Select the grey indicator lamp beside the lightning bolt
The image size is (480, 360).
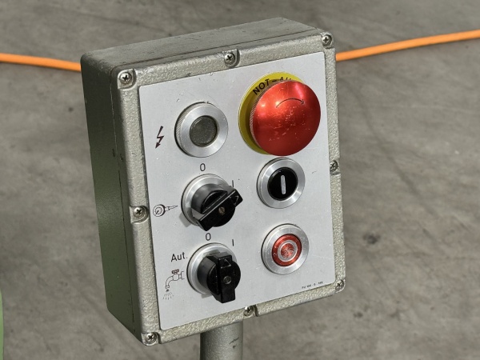click(202, 129)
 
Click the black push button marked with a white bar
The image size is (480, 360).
click(281, 183)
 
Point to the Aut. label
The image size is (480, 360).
click(178, 258)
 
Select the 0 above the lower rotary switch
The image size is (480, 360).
click(208, 238)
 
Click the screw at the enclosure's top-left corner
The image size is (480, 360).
click(125, 78)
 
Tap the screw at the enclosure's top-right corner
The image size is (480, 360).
click(326, 39)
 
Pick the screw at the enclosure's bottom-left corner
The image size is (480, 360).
click(150, 338)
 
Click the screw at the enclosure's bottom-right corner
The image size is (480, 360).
click(339, 284)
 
